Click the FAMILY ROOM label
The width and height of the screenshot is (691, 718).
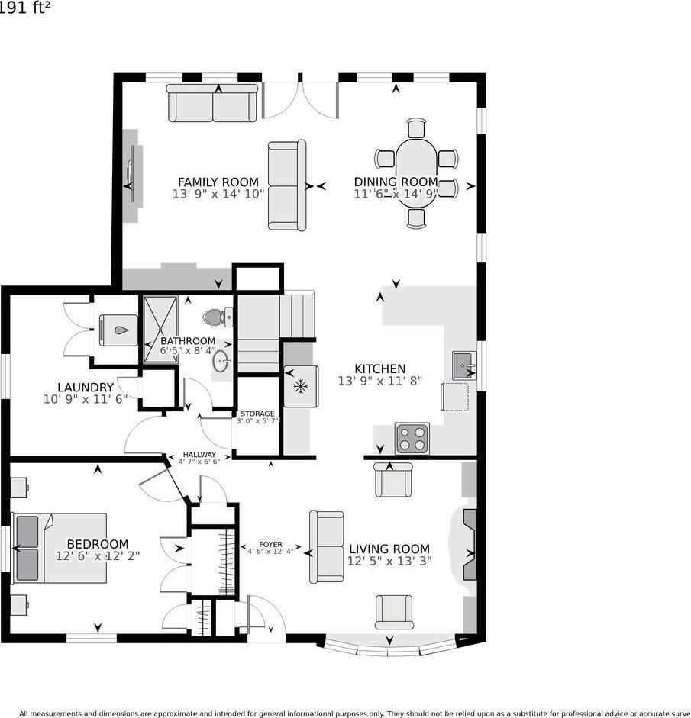click(218, 182)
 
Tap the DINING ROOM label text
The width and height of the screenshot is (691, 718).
click(396, 182)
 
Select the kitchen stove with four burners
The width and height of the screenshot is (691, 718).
click(412, 439)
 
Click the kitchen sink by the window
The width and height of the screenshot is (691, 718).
click(463, 365)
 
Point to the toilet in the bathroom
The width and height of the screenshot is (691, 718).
click(217, 316)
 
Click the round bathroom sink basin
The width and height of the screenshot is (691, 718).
click(221, 361)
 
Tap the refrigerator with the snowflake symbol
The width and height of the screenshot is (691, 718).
click(301, 386)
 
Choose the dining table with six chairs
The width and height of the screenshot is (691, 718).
click(416, 173)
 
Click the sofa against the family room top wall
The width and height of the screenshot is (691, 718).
click(213, 104)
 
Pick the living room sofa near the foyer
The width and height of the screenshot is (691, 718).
click(326, 546)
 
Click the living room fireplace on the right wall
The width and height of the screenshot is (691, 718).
click(468, 544)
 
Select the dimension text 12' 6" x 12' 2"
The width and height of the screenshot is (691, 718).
click(98, 556)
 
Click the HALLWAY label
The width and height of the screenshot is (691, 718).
click(199, 454)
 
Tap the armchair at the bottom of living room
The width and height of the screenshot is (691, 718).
click(394, 612)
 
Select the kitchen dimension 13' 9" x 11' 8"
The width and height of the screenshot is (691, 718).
click(379, 380)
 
